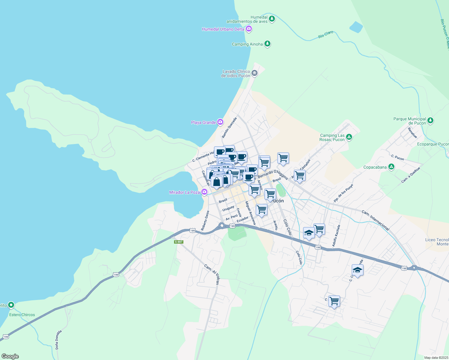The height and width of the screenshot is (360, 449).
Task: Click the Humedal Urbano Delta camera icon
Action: (249, 29)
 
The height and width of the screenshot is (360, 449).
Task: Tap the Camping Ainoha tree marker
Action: (267, 44)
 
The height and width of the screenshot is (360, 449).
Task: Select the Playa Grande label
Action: (203, 122)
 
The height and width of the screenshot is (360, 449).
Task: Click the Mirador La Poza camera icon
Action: (204, 192)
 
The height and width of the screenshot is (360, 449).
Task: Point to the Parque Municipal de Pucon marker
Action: (430, 121)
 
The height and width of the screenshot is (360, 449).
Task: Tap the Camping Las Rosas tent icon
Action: (349, 137)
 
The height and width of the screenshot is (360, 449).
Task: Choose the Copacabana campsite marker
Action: (391, 167)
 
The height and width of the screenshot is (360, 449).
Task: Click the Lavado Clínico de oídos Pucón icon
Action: (254, 73)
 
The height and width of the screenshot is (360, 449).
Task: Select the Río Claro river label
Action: (326, 34)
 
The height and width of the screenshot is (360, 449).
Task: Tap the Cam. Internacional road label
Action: (375, 220)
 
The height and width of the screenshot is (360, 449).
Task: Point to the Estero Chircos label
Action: (22, 315)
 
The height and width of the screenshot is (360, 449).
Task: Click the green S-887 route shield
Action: (178, 242)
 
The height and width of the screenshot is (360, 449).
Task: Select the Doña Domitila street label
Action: (58, 340)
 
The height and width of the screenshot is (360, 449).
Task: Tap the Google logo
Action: (10, 356)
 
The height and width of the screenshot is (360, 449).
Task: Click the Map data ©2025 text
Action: (436, 358)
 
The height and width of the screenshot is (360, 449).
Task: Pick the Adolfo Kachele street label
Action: (336, 236)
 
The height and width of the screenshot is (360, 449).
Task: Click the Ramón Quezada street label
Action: (229, 128)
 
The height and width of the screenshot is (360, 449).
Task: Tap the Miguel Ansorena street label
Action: (250, 213)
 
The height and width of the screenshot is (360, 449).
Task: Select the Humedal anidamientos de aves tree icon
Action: (272, 19)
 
